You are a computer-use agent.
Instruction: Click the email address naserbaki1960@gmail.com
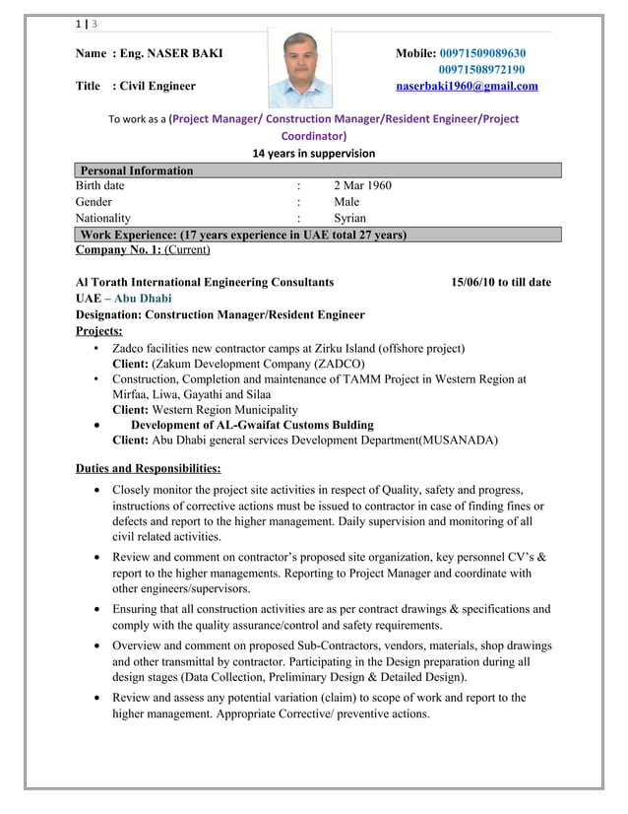coord(467,87)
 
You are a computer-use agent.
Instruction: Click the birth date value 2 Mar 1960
coord(362,185)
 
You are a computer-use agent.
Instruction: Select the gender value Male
coord(346,202)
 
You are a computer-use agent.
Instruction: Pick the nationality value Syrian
coord(349,219)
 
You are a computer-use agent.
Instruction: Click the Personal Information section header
coord(137,170)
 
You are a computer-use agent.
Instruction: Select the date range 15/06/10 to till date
coord(500,283)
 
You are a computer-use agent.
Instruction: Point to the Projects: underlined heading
coord(98,331)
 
